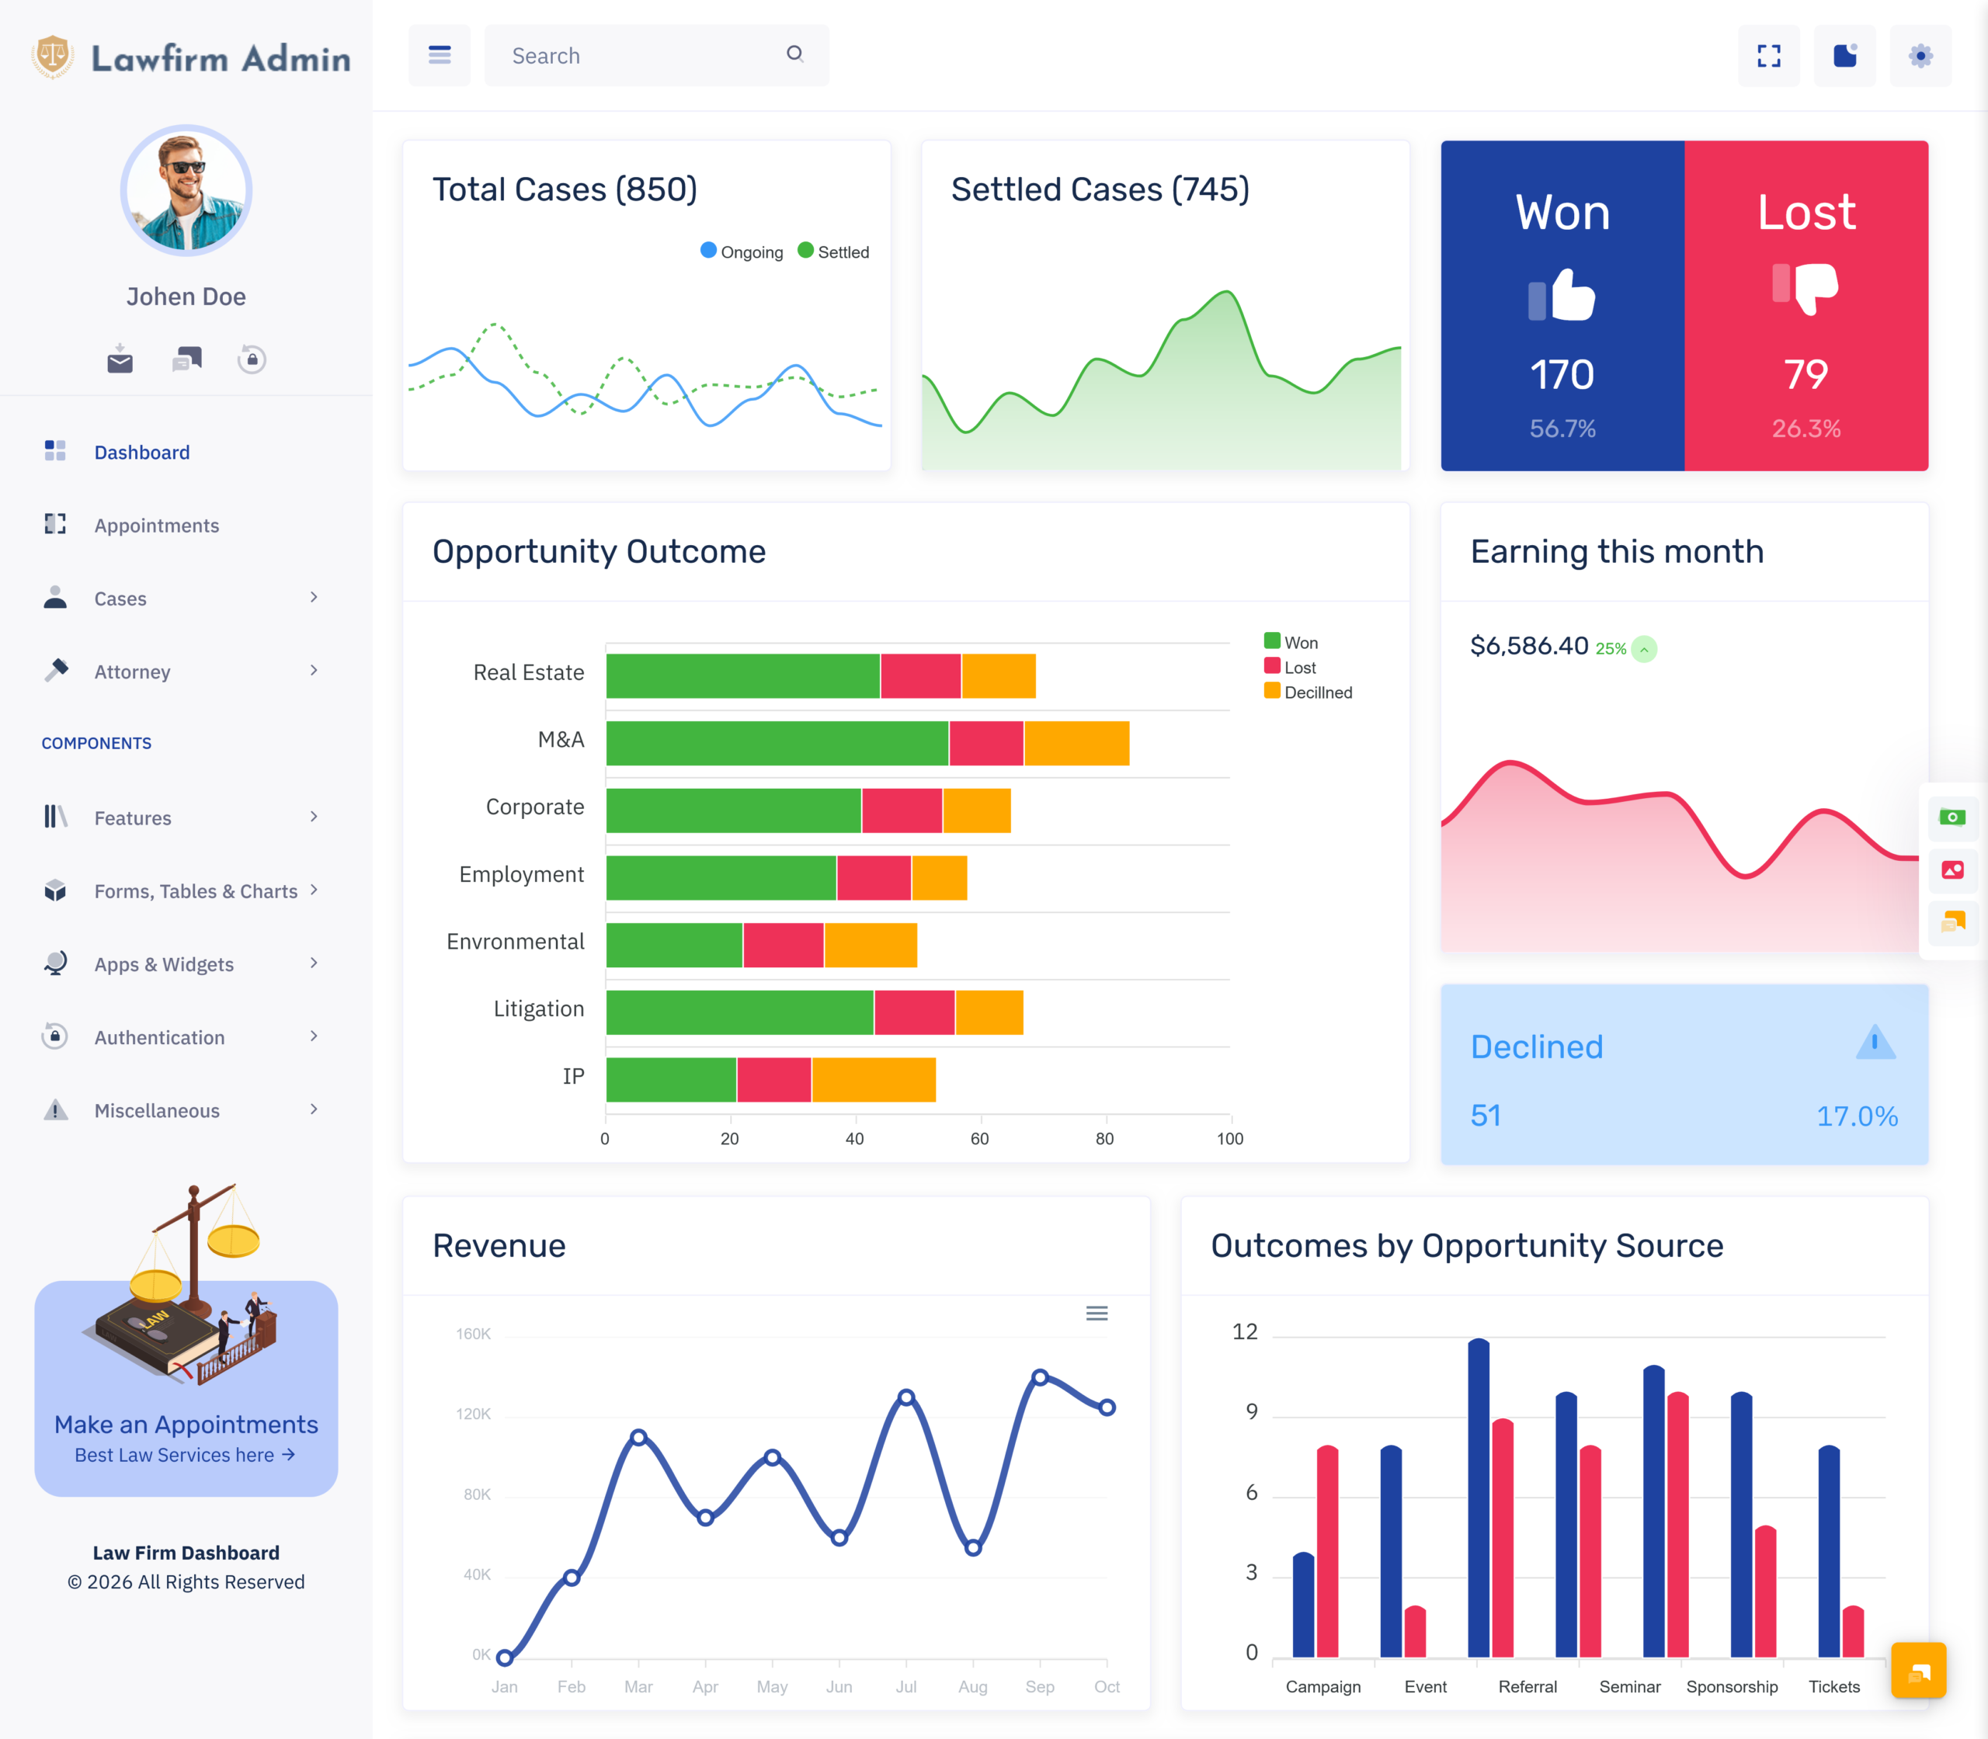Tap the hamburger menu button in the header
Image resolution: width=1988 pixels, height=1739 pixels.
click(440, 55)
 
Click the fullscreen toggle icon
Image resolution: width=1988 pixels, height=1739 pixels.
click(1769, 55)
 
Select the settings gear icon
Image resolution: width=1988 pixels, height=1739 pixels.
click(1920, 55)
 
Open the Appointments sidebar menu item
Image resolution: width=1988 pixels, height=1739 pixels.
click(156, 525)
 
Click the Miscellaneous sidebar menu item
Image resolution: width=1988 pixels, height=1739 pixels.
click(156, 1110)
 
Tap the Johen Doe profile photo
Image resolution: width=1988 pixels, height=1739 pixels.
click(186, 190)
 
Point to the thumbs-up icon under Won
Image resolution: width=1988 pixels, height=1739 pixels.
click(1562, 294)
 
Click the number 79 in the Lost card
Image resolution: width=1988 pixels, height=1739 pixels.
click(1806, 374)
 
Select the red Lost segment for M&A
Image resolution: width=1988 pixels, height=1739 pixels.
click(986, 744)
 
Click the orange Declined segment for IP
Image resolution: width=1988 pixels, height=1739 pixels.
click(874, 1080)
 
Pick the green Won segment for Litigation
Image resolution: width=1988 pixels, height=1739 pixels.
click(739, 1012)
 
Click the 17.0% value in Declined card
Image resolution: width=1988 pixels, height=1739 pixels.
click(1857, 1116)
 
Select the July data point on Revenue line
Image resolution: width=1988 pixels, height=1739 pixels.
click(905, 1397)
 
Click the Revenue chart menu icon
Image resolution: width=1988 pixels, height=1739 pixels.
click(1097, 1313)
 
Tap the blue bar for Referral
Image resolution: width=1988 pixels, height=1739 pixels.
click(1479, 1498)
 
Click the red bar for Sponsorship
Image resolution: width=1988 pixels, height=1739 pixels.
click(1766, 1591)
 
